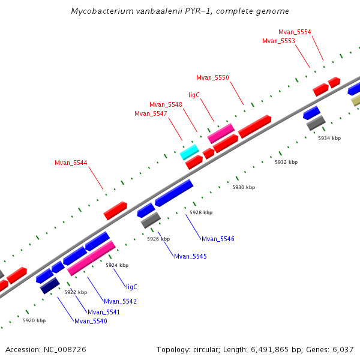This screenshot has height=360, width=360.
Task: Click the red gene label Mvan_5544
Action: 71,163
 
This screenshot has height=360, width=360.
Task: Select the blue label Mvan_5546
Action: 218,239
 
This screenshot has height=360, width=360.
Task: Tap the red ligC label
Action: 194,95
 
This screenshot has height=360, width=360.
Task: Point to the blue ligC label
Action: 131,287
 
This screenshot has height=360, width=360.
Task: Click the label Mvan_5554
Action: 295,32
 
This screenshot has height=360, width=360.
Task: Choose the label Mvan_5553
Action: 278,41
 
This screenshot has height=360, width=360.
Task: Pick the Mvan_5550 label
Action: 212,77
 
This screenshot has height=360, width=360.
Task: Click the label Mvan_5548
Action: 166,104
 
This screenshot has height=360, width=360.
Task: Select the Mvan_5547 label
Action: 151,113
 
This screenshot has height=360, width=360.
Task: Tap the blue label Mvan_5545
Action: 190,256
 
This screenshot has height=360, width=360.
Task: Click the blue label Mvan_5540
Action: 91,321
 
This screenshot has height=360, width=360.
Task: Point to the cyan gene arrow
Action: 189,152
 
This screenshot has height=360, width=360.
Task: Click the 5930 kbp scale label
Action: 244,188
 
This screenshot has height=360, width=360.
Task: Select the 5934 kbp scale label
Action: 329,138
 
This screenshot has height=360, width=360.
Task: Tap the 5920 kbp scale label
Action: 34,321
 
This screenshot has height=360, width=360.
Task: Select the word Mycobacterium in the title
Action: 98,11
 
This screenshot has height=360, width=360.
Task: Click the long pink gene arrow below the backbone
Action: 91,258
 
